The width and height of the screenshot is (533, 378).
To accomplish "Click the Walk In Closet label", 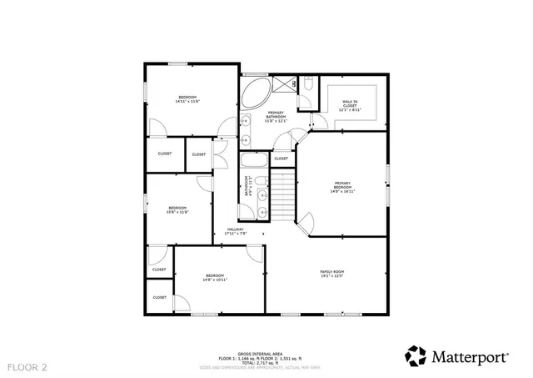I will tap(350, 104).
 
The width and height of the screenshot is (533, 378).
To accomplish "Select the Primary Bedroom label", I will tap(343, 188).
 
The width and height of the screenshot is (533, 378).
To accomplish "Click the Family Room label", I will tap(332, 274).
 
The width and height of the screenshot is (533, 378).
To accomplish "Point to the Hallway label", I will tap(236, 232).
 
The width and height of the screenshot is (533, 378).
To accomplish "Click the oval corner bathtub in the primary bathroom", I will tap(256, 92).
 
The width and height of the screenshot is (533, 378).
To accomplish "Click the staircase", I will tap(285, 196).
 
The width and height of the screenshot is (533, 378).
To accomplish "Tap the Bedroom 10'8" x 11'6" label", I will tap(178, 210).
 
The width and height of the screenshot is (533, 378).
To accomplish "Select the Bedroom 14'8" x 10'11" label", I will tap(215, 278).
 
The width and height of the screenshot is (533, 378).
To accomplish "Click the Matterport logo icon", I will tap(416, 356).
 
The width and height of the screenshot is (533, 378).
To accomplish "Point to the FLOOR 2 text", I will tap(28, 366).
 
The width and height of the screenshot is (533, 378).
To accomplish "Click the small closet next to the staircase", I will tap(281, 158).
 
